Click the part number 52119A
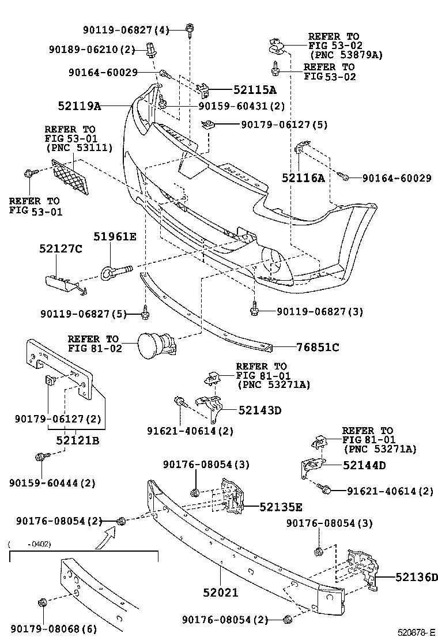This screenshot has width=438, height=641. pos(80,106)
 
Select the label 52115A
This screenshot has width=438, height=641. pos(255,90)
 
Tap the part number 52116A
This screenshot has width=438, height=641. pos(303,179)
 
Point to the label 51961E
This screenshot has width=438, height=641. pos(115,236)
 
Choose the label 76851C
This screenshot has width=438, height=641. pos(318,347)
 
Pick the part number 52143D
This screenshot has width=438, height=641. pos(260,410)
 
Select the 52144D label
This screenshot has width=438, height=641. pos(365,465)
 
